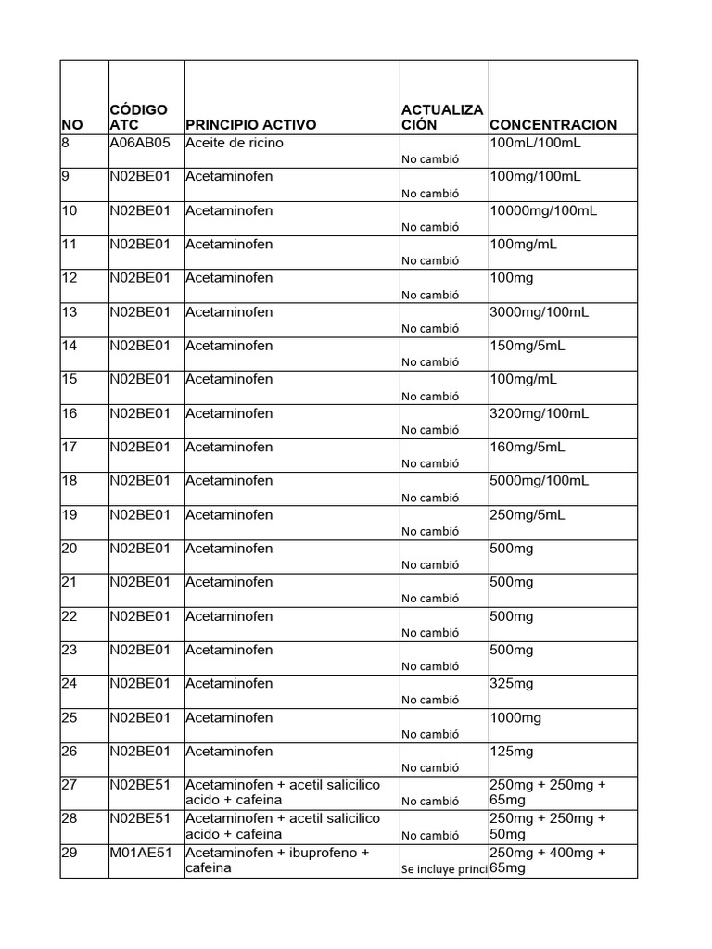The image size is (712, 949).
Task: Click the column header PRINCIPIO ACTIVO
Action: pyautogui.click(x=250, y=125)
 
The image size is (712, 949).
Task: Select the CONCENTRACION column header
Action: pyautogui.click(x=553, y=125)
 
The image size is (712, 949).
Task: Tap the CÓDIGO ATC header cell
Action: pyautogui.click(x=138, y=117)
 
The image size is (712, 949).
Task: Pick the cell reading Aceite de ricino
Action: pyautogui.click(x=235, y=144)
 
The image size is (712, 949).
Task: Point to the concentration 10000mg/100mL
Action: pyautogui.click(x=543, y=211)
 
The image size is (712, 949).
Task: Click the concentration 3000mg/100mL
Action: pyautogui.click(x=539, y=312)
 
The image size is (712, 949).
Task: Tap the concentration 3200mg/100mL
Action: pyautogui.click(x=539, y=413)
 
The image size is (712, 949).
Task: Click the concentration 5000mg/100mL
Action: pyautogui.click(x=539, y=481)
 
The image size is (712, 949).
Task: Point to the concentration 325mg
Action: pyautogui.click(x=512, y=684)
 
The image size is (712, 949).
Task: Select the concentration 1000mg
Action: pyautogui.click(x=515, y=718)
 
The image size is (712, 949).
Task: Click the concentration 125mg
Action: pyautogui.click(x=512, y=752)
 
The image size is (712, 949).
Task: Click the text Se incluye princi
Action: pyautogui.click(x=444, y=870)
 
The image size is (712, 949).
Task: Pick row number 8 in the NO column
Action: pyautogui.click(x=66, y=144)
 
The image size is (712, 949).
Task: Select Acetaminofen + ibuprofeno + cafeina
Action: pyautogui.click(x=277, y=861)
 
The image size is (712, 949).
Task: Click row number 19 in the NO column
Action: pyautogui.click(x=70, y=515)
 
